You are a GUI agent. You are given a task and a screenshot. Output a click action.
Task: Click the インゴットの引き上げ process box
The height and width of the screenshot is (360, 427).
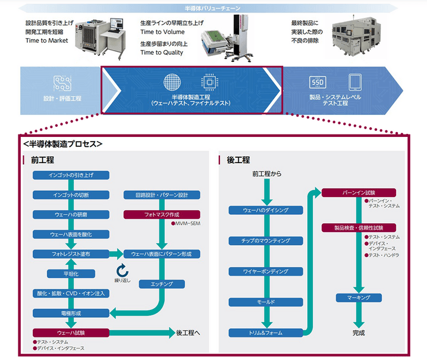pos(71,175)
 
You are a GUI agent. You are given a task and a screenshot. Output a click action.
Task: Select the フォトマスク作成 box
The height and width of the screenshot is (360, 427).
pos(162,214)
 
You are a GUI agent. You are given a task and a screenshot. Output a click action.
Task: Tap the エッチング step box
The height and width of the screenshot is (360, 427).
pos(162,284)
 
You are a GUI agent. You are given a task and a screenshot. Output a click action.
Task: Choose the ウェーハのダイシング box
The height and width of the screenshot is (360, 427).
pos(266,210)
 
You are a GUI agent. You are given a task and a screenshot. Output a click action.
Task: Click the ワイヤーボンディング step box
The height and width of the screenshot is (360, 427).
pos(266,271)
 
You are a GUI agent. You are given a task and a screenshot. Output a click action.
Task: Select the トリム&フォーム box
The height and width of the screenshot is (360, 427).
pos(266,333)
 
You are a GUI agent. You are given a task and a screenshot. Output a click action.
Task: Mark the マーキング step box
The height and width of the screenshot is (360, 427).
pos(359,297)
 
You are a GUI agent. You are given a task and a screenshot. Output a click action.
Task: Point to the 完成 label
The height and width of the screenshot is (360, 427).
pos(359,333)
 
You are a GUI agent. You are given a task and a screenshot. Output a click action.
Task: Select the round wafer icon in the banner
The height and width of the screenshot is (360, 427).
pos(172,82)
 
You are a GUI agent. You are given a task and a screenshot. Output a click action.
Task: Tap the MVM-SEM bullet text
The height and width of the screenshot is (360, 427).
pos(187,224)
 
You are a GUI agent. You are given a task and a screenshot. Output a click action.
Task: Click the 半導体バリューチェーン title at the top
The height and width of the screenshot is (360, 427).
pos(212,8)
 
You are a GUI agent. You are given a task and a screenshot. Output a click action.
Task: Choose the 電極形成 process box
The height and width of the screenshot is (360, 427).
pos(71,312)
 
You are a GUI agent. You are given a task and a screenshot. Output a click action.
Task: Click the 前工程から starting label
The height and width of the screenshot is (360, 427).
pos(266,175)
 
